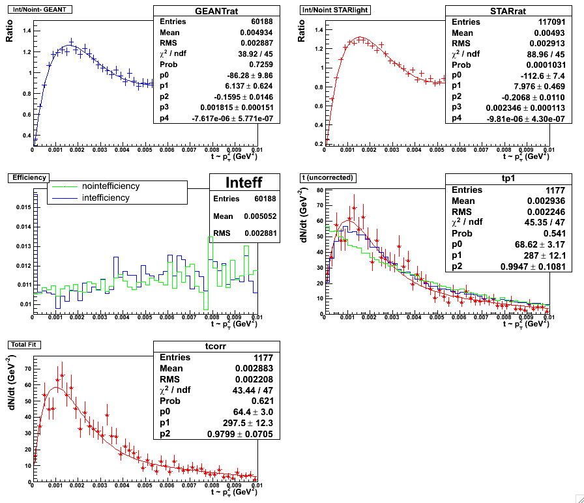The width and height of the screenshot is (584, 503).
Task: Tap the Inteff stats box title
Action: point(244,182)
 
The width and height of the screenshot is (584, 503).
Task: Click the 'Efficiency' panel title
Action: point(25,177)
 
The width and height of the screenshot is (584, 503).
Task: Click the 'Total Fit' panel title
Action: point(25,343)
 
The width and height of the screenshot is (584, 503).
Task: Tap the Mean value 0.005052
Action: point(257,216)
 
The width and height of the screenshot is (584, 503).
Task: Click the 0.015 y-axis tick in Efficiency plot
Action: point(22,207)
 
